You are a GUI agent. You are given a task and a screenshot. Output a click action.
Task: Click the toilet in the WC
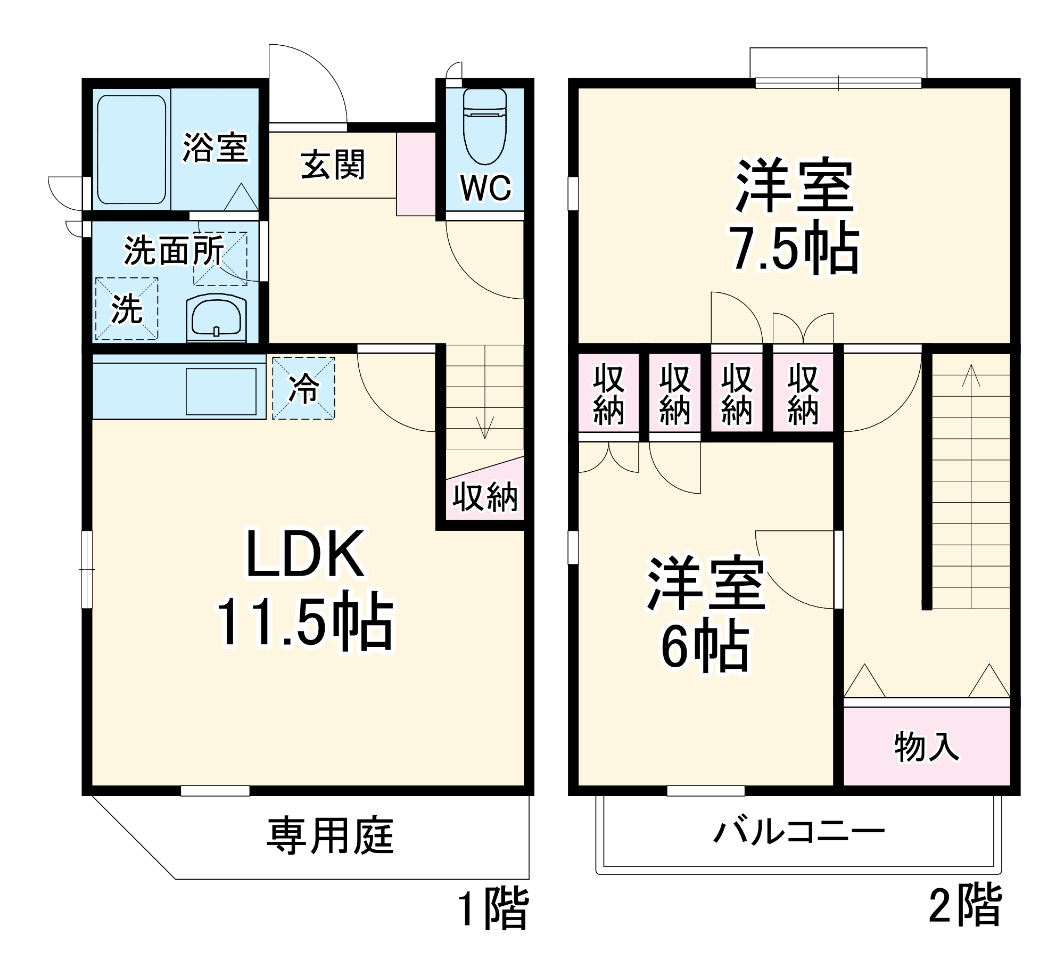(x=484, y=128)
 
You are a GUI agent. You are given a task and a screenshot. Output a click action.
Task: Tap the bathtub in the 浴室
(x=131, y=150)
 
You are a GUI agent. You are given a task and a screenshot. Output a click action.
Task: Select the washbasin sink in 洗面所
(x=216, y=317)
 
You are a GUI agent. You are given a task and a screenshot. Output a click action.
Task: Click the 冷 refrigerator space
(x=303, y=388)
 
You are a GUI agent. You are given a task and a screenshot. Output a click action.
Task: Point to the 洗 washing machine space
(x=127, y=309)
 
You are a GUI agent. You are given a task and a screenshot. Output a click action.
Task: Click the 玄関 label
(x=333, y=165)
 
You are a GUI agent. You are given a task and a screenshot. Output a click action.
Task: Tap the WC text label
(x=485, y=188)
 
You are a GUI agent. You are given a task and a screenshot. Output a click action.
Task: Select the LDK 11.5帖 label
(x=304, y=588)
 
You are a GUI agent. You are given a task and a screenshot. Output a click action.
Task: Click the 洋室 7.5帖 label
(x=794, y=216)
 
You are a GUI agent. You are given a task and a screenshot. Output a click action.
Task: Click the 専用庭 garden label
(x=330, y=835)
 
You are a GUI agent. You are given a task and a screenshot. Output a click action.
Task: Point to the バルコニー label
(x=798, y=831)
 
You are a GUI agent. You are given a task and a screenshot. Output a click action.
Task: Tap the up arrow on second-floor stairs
(x=971, y=375)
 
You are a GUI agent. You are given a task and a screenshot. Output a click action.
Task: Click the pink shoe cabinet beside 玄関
(x=416, y=174)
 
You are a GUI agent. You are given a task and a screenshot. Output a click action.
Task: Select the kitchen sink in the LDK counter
(x=221, y=391)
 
